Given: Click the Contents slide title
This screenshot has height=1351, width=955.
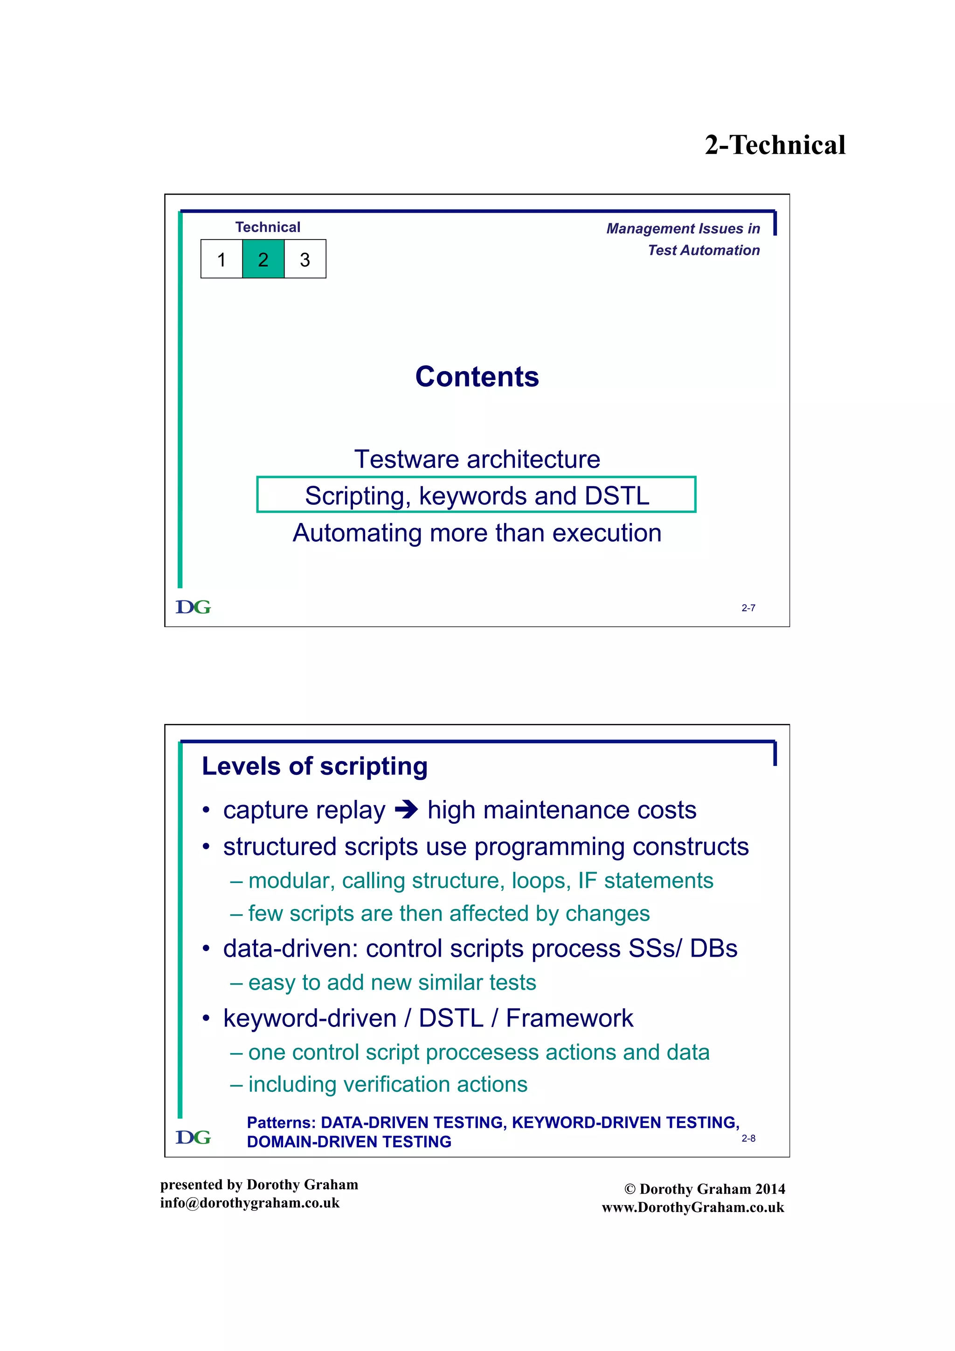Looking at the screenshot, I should point(477,377).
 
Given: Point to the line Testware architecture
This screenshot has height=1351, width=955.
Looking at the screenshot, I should point(477,459).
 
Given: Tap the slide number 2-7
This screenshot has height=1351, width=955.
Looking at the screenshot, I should point(748,608).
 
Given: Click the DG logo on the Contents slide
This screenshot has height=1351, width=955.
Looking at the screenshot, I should point(193,607).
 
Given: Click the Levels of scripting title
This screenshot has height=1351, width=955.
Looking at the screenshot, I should point(314,766).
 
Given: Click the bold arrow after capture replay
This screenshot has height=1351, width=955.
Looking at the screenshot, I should point(406,810).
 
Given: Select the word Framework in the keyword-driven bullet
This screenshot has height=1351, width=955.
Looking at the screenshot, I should point(569,1018).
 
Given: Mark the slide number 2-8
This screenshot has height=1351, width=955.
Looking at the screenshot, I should point(748,1138).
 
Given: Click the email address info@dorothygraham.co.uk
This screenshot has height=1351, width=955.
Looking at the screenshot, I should point(249,1203).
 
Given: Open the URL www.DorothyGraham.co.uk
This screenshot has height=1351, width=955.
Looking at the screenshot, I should point(692,1207).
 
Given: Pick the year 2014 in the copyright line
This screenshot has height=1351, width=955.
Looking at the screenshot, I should point(770,1189).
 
